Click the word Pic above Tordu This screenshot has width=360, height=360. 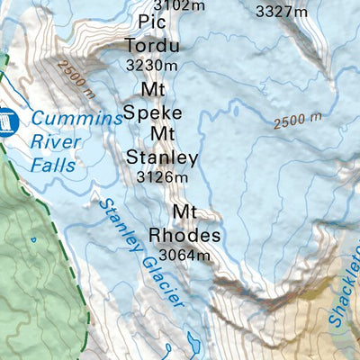[154, 22]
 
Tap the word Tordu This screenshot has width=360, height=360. [152, 46]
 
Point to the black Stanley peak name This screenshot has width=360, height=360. [161, 157]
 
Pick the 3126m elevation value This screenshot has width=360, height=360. [162, 177]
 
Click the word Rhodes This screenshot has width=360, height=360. [184, 235]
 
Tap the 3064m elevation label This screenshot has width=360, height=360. [184, 255]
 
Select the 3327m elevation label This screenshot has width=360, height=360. [282, 12]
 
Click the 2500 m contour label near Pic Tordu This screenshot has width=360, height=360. [74, 77]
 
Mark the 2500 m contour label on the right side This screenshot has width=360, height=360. [296, 121]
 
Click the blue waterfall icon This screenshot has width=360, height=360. [8, 119]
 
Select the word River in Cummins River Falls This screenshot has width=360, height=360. [52, 140]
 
